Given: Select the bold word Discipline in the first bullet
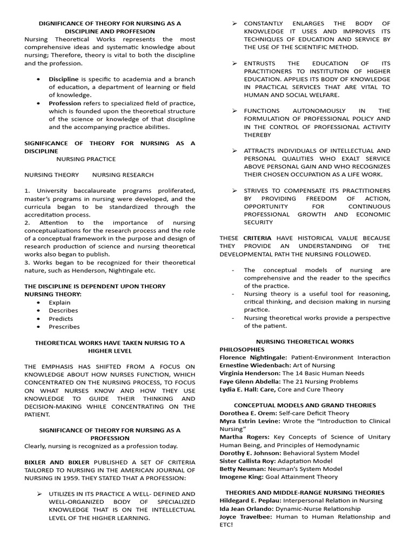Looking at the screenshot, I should click(63, 79).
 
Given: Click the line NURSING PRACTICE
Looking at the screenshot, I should click(86, 159).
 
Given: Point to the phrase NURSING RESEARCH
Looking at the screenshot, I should click(123, 175).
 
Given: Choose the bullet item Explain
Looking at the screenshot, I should click(59, 302).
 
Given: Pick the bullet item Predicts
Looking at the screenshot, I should click(61, 319).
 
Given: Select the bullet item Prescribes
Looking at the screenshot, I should click(64, 326).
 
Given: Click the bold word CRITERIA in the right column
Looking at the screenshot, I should click(257, 238).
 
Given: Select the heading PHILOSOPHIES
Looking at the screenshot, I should click(242, 349).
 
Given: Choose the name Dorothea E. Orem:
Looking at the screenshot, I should click(246, 413).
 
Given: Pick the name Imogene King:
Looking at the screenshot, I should click(241, 477).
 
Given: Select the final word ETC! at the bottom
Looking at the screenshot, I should click(226, 524).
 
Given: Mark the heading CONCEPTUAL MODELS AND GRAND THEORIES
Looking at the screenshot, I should click(305, 405).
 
